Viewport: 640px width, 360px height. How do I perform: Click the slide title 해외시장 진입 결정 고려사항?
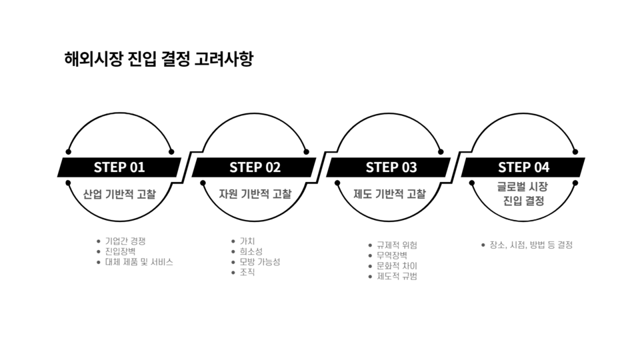click(x=159, y=59)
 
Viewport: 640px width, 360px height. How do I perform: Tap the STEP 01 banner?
click(x=119, y=167)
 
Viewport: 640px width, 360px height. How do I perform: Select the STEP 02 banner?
click(x=254, y=167)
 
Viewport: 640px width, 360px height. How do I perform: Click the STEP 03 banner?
click(x=389, y=167)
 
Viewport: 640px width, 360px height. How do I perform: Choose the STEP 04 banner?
click(x=523, y=167)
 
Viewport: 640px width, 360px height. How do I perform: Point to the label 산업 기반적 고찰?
click(x=119, y=194)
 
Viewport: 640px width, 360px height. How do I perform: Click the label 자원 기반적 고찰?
click(x=255, y=194)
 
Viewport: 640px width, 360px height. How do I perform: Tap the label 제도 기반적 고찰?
click(x=389, y=194)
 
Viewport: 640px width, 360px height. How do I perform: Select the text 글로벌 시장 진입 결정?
click(x=523, y=194)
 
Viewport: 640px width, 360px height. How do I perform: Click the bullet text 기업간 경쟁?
click(x=125, y=241)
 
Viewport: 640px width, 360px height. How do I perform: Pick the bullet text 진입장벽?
click(x=120, y=251)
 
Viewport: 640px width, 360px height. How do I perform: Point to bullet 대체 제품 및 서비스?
click(x=139, y=262)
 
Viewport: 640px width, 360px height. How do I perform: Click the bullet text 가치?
click(x=247, y=241)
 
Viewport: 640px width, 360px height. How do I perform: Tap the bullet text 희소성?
click(x=251, y=251)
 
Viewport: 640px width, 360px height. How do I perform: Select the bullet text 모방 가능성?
click(x=259, y=262)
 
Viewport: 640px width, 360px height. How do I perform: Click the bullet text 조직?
click(x=247, y=272)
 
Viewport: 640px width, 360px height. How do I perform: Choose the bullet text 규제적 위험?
click(x=397, y=245)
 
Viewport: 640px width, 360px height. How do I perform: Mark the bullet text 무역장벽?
click(x=392, y=255)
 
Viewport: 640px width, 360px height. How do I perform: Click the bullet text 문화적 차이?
click(x=397, y=266)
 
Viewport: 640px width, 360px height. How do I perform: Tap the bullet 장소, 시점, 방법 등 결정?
click(x=531, y=245)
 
